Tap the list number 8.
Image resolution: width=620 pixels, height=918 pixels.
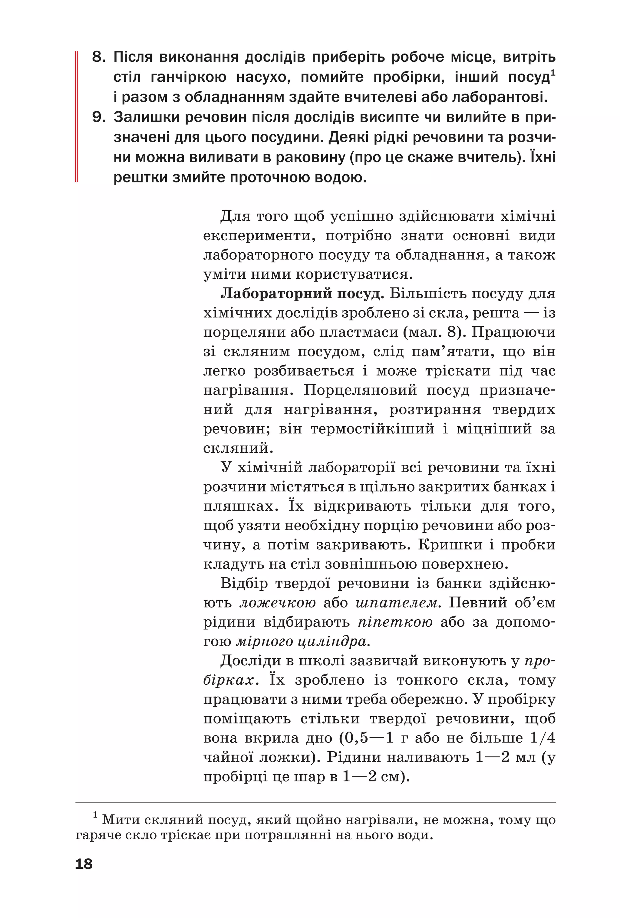[x=98, y=57]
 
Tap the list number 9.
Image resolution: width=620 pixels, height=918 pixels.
[x=98, y=117]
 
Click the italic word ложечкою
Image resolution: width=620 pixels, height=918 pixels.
[x=277, y=603]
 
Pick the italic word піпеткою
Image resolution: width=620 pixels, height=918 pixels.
[x=395, y=622]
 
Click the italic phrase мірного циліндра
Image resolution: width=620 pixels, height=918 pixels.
[x=303, y=641]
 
